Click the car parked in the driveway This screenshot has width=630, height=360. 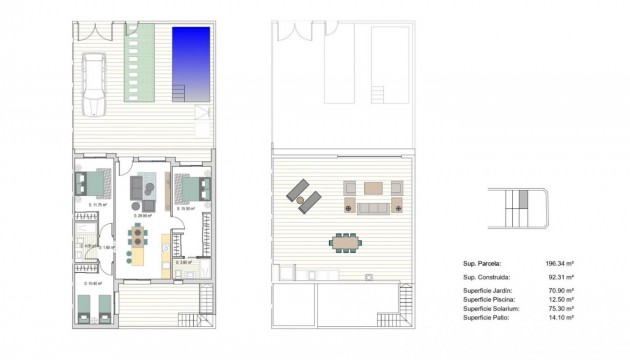[x=93, y=84]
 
